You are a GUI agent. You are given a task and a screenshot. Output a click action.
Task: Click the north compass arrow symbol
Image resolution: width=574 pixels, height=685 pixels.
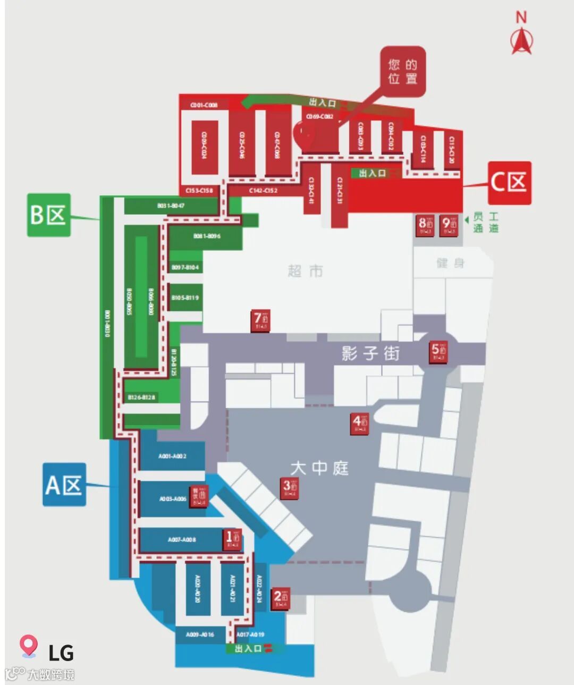pos(521,40)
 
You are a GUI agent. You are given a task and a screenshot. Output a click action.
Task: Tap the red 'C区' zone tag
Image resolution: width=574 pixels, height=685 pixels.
pos(509,183)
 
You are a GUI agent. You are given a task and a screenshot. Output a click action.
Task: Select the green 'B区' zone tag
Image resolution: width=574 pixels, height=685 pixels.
pos(48,215)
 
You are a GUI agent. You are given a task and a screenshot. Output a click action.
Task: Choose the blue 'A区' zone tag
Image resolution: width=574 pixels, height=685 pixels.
pos(64,484)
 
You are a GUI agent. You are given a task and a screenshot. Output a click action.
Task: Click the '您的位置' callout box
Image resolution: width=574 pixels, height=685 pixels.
pos(402,72)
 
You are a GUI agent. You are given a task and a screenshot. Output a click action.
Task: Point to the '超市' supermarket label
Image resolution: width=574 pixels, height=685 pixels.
pos(305,271)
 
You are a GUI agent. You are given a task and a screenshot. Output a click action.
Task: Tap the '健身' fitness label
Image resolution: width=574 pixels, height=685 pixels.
pos(450,263)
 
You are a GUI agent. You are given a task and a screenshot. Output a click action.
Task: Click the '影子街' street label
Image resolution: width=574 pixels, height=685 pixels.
pos(370,353)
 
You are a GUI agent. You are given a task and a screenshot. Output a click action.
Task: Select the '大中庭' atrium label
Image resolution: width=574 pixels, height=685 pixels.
pos(319,468)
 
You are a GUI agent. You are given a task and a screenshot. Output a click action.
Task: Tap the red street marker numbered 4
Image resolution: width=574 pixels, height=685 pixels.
pos(359,424)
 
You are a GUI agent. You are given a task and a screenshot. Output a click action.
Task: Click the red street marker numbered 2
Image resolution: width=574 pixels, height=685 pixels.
pos(280,598)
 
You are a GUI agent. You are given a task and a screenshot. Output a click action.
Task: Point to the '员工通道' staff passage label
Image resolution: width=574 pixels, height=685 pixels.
pos(486,223)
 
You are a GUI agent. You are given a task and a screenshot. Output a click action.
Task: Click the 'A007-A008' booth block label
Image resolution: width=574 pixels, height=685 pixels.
pos(182,539)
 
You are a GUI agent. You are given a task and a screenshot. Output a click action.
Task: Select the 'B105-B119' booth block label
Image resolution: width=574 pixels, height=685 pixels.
pos(185,298)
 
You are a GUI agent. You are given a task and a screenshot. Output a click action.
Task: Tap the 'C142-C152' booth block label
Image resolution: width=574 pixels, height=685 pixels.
pos(263,190)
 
